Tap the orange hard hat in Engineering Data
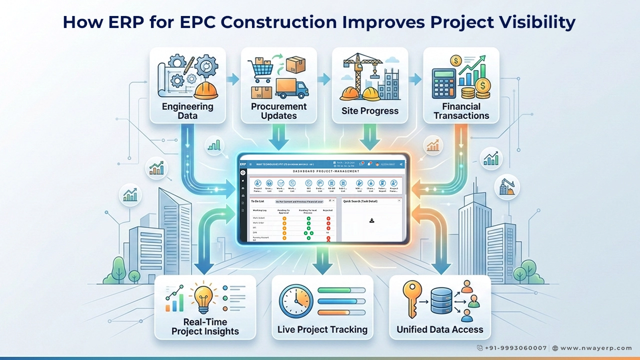coord(205,90)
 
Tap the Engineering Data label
coord(187,111)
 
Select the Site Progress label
coord(370,110)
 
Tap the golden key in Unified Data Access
coord(413,299)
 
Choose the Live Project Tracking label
coord(322,329)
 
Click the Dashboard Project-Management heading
coord(326,171)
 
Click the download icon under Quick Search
coord(371,220)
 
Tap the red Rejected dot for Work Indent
coord(328,218)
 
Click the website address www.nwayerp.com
coord(596,348)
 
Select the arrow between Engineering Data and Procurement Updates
coord(233,78)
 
